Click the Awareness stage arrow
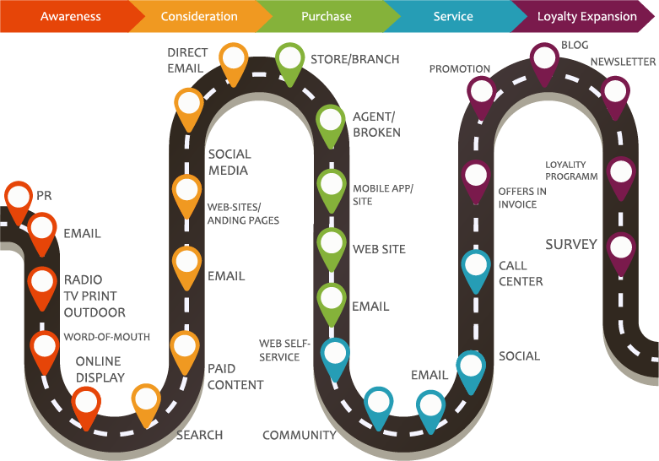tap(71, 16)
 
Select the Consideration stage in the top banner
tap(199, 16)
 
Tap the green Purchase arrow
tap(327, 16)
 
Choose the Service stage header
tap(453, 16)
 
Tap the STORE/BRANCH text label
tap(354, 59)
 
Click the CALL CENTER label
tap(521, 274)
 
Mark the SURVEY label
tap(571, 244)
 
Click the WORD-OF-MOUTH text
tap(107, 337)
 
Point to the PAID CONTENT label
tap(235, 377)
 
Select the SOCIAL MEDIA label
tap(230, 162)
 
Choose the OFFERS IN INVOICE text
tap(522, 198)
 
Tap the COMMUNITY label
tap(300, 435)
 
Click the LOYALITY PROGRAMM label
tap(571, 171)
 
